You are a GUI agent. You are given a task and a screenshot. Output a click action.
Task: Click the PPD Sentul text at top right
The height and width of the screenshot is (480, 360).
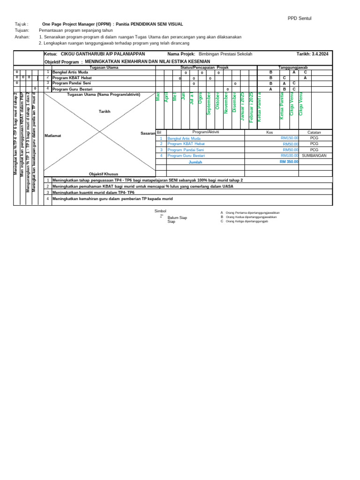point(300,18)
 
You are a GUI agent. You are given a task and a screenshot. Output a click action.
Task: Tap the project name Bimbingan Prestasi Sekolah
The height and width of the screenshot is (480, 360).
point(225,54)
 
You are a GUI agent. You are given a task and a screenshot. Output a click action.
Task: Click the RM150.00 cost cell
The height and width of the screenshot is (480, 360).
point(290,139)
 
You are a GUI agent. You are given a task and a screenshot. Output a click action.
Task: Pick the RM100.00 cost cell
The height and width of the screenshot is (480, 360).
point(290,156)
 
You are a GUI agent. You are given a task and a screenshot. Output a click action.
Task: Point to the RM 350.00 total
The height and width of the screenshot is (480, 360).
point(289,162)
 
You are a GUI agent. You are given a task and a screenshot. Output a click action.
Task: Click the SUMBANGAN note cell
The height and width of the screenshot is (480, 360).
point(314,156)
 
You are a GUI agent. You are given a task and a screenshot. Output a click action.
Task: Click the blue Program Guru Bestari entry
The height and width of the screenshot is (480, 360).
point(186,156)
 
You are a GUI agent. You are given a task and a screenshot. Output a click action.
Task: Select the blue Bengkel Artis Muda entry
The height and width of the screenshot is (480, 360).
point(184,139)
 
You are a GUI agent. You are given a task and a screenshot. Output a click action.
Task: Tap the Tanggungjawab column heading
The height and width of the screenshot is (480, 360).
point(293,68)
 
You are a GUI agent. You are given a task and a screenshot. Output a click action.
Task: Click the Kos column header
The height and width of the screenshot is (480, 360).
point(270,133)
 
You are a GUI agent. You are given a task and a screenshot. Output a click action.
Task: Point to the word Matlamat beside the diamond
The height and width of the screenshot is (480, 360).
point(53,135)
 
